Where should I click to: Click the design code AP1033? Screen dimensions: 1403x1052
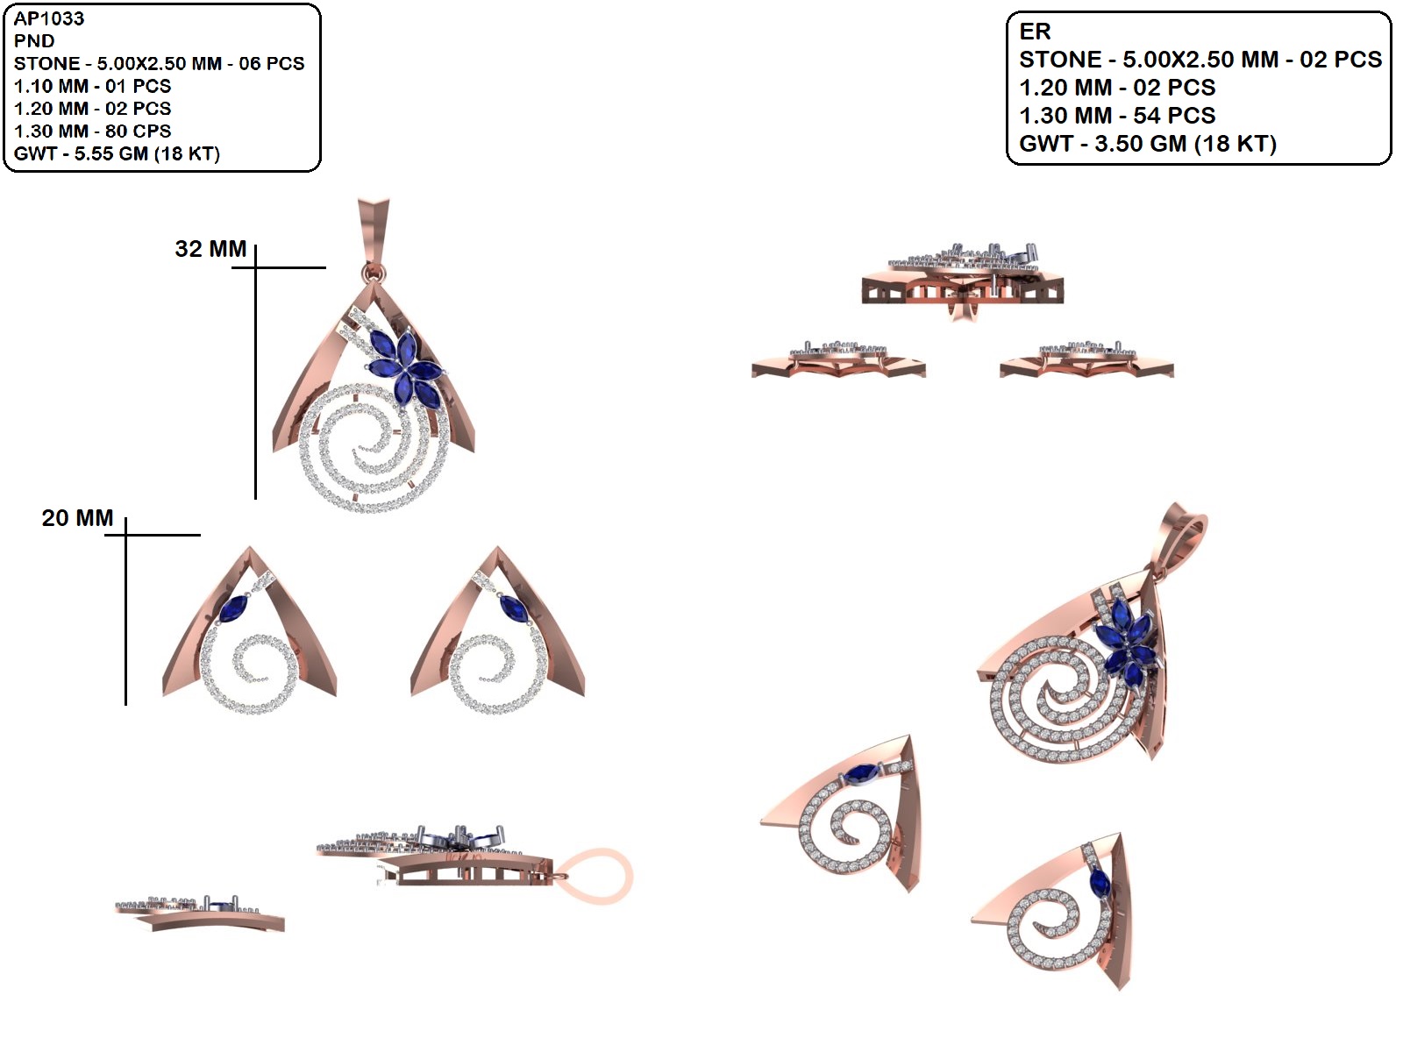(x=48, y=18)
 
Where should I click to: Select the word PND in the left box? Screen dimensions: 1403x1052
(x=34, y=41)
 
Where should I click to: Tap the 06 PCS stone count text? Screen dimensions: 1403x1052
(x=272, y=63)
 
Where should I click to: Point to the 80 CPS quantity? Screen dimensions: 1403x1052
(x=138, y=131)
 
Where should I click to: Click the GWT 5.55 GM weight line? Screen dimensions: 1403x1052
(x=117, y=153)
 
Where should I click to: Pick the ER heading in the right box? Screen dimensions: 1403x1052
(x=1035, y=32)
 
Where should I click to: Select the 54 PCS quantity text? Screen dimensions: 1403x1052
(x=1174, y=116)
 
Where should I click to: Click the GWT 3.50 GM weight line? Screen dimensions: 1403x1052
(x=1147, y=144)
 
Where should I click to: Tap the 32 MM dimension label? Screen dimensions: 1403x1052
(x=210, y=248)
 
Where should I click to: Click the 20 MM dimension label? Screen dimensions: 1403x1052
(x=77, y=517)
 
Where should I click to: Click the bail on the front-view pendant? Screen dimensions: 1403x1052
(x=373, y=237)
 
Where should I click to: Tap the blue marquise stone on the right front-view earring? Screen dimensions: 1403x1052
(x=510, y=608)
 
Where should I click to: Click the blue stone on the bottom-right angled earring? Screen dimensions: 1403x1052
(x=1100, y=883)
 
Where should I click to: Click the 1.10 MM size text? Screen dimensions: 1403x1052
(x=51, y=86)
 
